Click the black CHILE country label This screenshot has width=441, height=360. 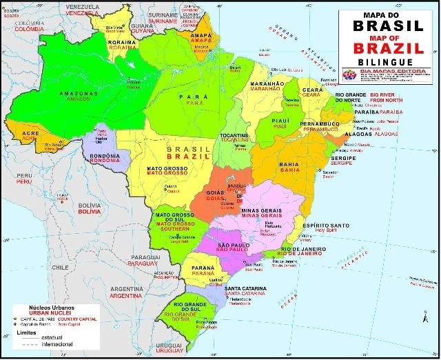pos(61,266)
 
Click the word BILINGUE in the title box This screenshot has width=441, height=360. pos(385,61)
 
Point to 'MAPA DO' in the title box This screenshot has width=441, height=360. pos(385,14)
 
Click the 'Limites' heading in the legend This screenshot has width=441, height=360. pos(26,331)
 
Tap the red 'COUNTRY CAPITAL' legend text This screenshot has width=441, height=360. pos(77,319)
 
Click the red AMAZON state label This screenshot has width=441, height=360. pos(78,99)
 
